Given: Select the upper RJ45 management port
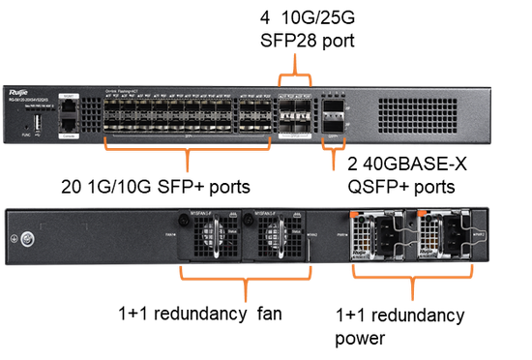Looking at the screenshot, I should point(68,108).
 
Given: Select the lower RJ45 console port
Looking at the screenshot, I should point(68,125).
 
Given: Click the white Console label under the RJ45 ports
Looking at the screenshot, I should point(68,136).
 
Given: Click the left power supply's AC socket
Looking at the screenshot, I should point(377,237).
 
